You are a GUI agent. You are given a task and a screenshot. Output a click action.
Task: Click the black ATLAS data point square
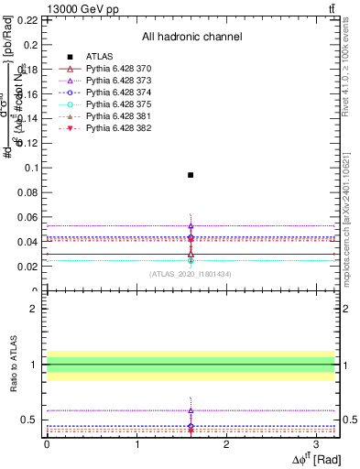click(x=191, y=174)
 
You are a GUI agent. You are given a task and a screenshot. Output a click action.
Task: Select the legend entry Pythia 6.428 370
click(x=113, y=69)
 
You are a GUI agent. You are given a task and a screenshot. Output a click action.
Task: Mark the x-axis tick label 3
click(x=316, y=443)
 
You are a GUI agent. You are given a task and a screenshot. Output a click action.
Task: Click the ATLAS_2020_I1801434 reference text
click(x=191, y=273)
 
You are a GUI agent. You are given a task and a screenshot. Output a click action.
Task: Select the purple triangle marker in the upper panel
click(x=191, y=225)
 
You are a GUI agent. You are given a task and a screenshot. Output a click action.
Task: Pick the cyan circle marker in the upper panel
click(x=191, y=260)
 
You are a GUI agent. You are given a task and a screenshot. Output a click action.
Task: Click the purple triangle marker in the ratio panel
click(x=191, y=410)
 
